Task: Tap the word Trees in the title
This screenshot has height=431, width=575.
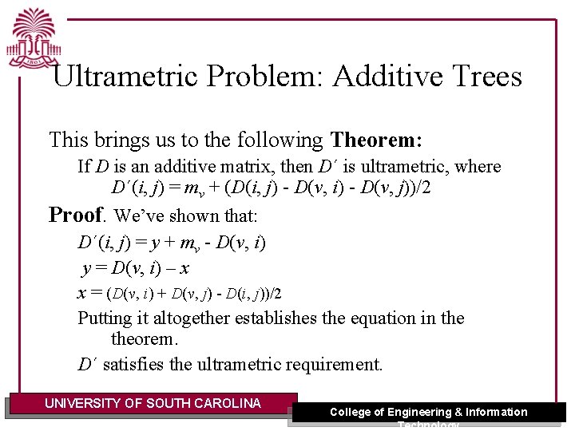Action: pyautogui.click(x=484, y=77)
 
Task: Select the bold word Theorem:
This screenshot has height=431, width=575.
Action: pyautogui.click(x=376, y=140)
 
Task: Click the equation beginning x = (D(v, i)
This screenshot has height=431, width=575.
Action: pyautogui.click(x=179, y=293)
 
